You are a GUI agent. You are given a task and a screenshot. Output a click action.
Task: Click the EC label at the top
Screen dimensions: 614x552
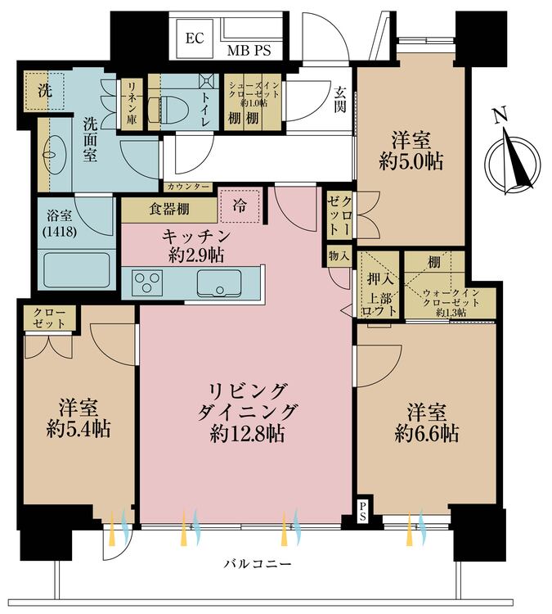[194, 38]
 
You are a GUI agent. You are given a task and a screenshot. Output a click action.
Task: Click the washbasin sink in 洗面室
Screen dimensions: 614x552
[52, 151]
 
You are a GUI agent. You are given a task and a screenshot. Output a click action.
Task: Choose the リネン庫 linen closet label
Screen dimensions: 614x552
[131, 102]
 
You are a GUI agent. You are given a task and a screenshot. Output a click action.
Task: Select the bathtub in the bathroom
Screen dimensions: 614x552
[74, 269]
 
